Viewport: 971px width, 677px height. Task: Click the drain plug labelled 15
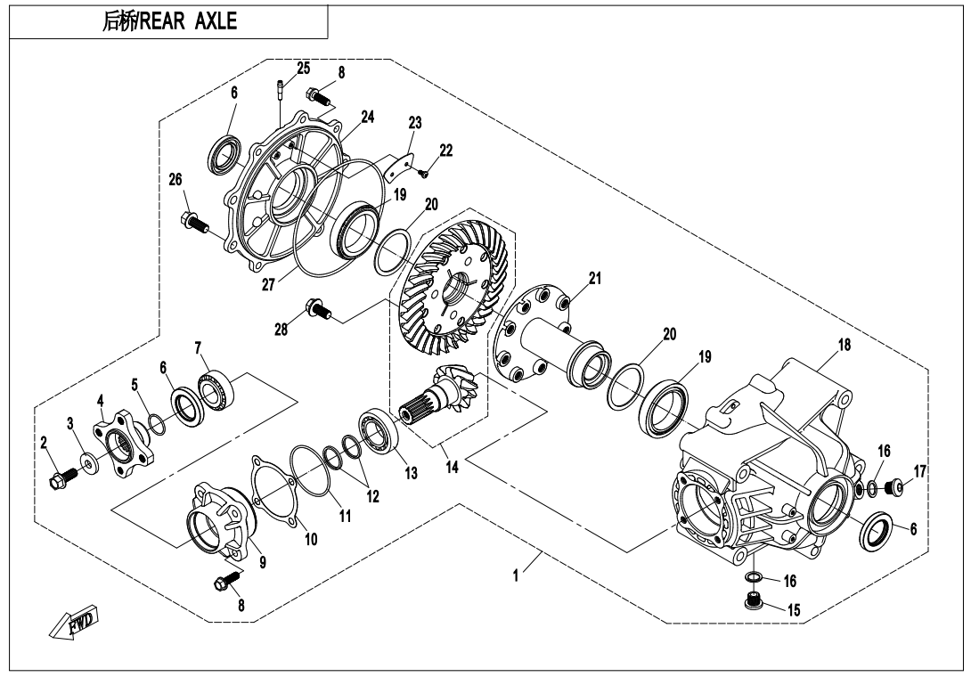click(754, 605)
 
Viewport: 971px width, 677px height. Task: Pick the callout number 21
click(594, 279)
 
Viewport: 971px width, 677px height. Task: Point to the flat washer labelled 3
click(90, 461)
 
